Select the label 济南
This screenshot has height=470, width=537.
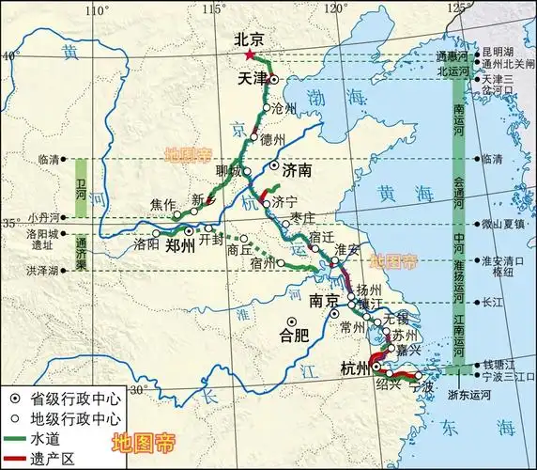(296, 172)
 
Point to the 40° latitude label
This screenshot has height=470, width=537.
(9, 55)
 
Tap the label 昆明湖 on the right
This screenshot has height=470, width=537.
(499, 53)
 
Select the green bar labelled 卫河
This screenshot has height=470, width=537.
(82, 188)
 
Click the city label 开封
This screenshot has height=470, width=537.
(214, 241)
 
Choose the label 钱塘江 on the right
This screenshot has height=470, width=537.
(499, 363)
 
